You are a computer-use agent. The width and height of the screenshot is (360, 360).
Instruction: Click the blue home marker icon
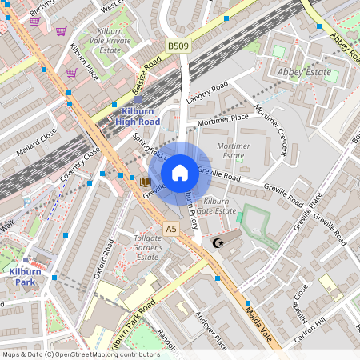pyautogui.click(x=180, y=172)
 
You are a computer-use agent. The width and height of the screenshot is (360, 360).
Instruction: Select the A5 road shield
pyautogui.click(x=170, y=230)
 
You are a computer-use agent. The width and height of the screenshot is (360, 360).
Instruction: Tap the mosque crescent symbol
pyautogui.click(x=216, y=243)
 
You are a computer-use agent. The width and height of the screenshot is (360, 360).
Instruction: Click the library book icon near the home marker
pyautogui.click(x=145, y=182)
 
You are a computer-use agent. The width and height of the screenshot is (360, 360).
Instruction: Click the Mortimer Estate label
pyautogui.click(x=234, y=151)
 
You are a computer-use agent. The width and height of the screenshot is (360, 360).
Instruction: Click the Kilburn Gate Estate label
pyautogui.click(x=219, y=206)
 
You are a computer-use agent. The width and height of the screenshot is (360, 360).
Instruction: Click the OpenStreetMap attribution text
pyautogui.click(x=81, y=354)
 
